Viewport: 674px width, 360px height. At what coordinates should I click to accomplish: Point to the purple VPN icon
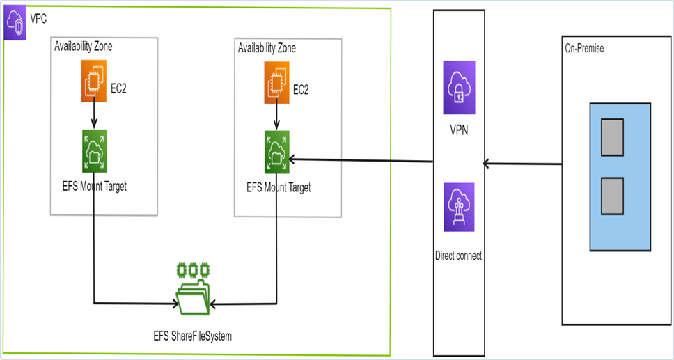pos(459,87)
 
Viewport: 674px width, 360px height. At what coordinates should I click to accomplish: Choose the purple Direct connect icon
pos(459,207)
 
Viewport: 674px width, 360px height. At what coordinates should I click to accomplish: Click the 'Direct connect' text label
pos(458,256)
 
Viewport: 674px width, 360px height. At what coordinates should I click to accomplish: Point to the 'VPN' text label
pos(458,130)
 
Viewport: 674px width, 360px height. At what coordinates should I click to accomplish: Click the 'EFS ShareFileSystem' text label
pos(192,336)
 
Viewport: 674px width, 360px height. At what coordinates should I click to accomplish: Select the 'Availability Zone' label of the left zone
pos(83,47)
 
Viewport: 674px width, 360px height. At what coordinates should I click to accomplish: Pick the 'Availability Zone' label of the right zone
pos(267,48)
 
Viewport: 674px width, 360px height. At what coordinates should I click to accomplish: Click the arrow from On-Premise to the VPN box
pos(522,164)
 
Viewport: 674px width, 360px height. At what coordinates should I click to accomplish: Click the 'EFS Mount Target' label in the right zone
pos(279,188)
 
